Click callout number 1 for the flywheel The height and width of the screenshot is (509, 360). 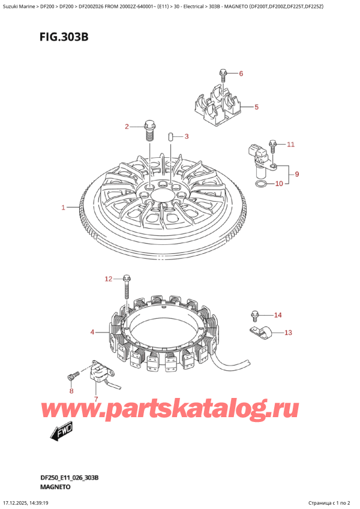(63, 208)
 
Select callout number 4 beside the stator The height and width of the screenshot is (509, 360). (92, 332)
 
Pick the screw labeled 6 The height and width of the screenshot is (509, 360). (223, 75)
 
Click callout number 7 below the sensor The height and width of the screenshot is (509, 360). (95, 399)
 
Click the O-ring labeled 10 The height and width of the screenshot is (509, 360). (262, 183)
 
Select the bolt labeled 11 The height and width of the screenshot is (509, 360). (273, 145)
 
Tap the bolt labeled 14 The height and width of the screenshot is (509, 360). (255, 315)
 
